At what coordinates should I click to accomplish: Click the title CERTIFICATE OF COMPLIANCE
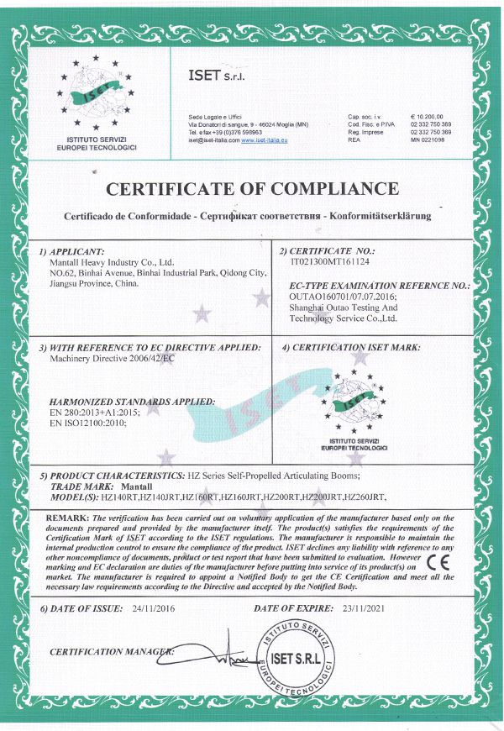tap(251, 187)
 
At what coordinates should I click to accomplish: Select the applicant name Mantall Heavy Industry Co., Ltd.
tap(112, 261)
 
